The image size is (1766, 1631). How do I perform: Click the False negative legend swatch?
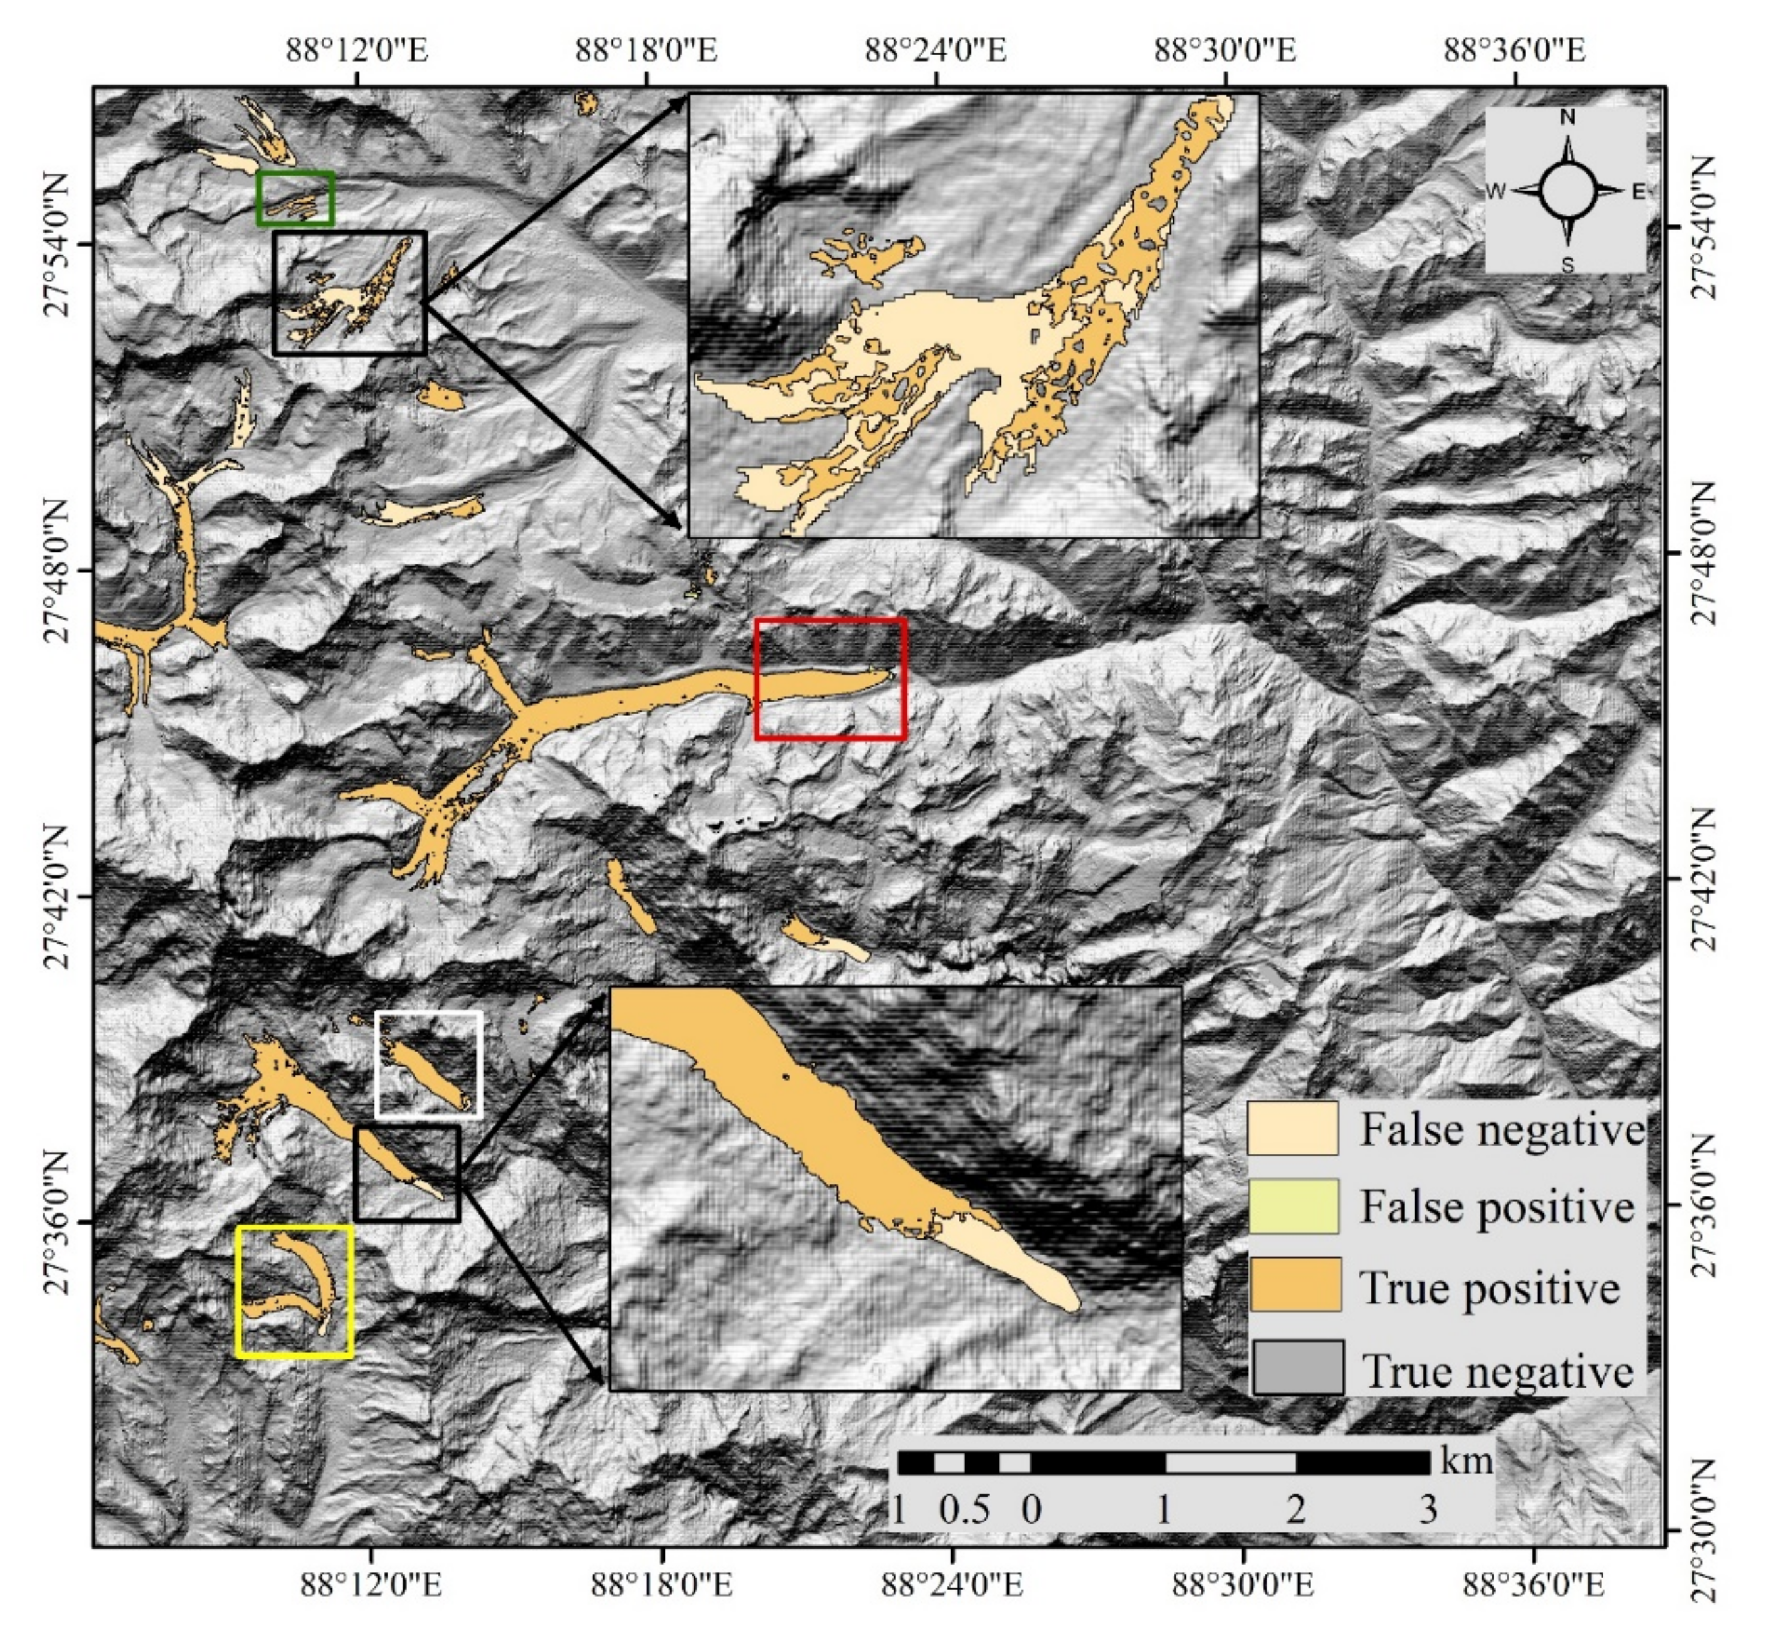(1292, 1127)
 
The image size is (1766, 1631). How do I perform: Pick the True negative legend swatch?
(1297, 1367)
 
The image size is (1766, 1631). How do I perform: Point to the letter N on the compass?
(1567, 117)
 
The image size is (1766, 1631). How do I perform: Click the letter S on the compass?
(1567, 264)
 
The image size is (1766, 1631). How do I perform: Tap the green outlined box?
(295, 199)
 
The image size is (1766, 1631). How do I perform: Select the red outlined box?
(830, 679)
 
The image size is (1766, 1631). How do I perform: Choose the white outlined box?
(428, 1063)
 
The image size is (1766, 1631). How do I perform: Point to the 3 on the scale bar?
(1427, 1510)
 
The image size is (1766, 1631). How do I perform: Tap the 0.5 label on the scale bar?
(964, 1510)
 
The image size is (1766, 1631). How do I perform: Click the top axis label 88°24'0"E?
(935, 49)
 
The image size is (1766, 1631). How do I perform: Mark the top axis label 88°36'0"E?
(1515, 49)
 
